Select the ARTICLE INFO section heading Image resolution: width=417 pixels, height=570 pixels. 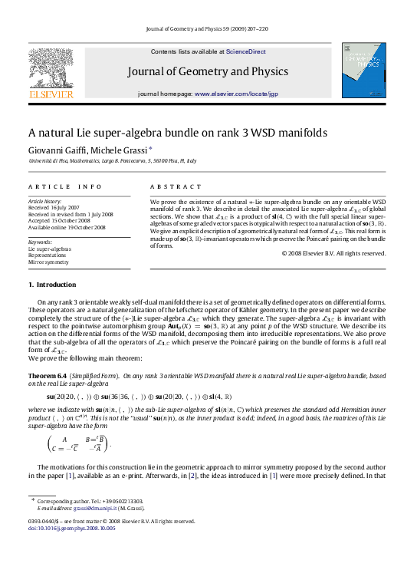[64, 186]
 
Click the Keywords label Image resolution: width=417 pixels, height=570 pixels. [41, 242]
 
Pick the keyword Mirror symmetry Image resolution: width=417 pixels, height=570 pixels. [49, 262]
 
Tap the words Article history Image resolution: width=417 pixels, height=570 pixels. [44, 201]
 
